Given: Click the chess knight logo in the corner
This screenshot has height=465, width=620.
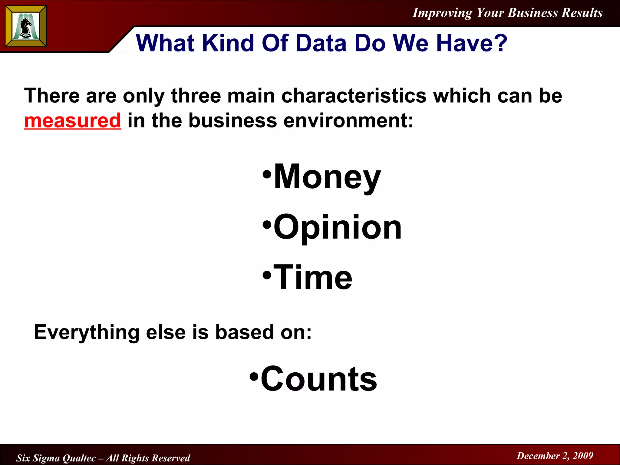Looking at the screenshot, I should (x=26, y=26).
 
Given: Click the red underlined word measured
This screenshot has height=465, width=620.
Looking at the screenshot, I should (x=73, y=120).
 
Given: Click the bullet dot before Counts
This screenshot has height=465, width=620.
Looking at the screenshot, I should (x=254, y=377).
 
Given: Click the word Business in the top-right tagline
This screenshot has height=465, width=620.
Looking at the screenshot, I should (x=533, y=13).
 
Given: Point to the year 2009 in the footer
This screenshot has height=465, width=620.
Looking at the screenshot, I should (x=583, y=456).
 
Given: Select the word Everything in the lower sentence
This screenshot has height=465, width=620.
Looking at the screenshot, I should (x=87, y=332).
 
